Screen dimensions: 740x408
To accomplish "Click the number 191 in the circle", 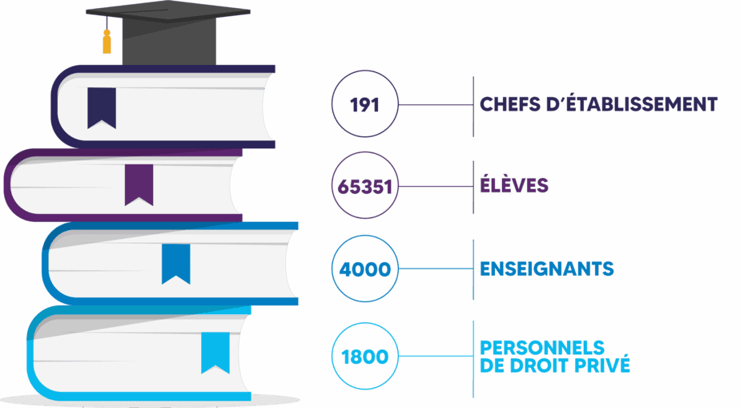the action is (x=364, y=105).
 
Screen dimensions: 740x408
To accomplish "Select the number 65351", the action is (x=365, y=187).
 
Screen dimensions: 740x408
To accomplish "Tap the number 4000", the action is (x=365, y=269).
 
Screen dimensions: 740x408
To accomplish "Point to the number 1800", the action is (x=365, y=357).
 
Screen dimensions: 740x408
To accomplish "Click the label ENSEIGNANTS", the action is (x=546, y=269).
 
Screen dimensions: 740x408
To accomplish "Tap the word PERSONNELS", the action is (x=541, y=348).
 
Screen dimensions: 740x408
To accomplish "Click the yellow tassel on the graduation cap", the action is (x=107, y=42).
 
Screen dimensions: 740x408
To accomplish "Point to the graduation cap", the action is (x=168, y=33).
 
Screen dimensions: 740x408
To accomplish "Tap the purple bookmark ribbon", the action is (x=139, y=185).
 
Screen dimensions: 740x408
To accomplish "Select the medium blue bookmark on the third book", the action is (x=176, y=264).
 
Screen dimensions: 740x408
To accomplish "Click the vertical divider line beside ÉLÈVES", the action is (x=473, y=187).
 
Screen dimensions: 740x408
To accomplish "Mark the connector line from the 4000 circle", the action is (x=436, y=269).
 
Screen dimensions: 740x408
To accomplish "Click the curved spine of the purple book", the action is (x=7, y=185).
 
